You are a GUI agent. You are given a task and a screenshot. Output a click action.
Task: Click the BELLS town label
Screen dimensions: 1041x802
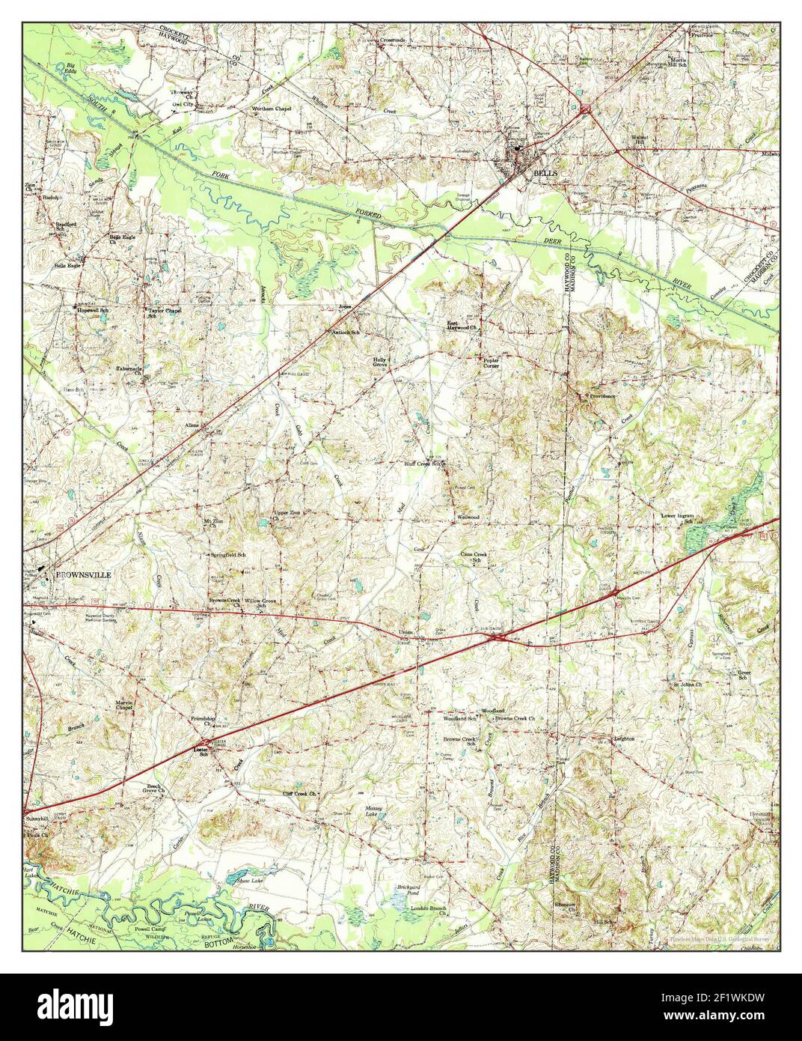[x=545, y=173]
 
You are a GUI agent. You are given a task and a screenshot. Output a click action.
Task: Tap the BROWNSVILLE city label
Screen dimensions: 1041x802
[x=82, y=574]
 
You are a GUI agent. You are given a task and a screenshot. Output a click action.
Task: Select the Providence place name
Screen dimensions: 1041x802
[x=602, y=395]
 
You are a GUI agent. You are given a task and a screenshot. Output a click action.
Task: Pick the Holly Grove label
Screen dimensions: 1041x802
[x=380, y=362]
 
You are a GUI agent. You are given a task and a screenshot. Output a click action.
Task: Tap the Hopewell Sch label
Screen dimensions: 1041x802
[x=91, y=309]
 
